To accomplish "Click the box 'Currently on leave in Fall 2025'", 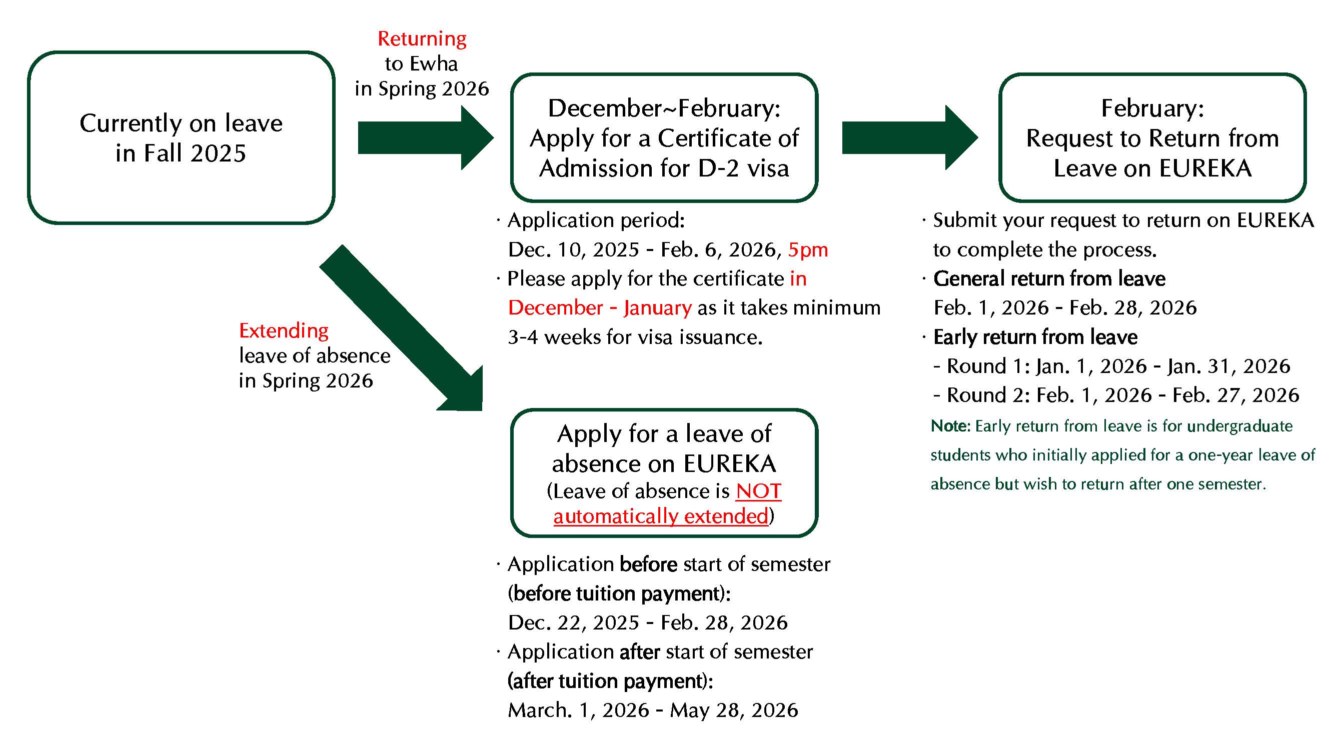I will tap(181, 137).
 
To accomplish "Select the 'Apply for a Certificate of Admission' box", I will tap(664, 137).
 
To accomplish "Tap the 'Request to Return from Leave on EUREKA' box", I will tap(1152, 137).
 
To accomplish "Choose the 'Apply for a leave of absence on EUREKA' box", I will tap(664, 473).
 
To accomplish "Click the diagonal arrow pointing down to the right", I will tap(404, 331).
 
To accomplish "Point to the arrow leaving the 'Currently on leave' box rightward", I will tap(425, 137).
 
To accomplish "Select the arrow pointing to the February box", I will tap(909, 137).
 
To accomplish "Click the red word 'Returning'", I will tap(422, 39).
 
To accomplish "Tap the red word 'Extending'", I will tap(283, 330).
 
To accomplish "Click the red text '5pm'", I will tap(808, 250).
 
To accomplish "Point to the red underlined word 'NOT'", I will tap(758, 491).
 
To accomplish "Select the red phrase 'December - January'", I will tap(600, 308).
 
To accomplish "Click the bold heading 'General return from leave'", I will tap(1049, 279).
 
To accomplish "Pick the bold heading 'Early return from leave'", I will tap(1035, 337).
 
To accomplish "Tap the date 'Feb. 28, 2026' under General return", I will tap(1133, 308).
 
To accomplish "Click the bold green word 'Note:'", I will tap(950, 426).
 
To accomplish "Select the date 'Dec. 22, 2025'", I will tap(573, 622).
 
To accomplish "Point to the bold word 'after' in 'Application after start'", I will tap(640, 652).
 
